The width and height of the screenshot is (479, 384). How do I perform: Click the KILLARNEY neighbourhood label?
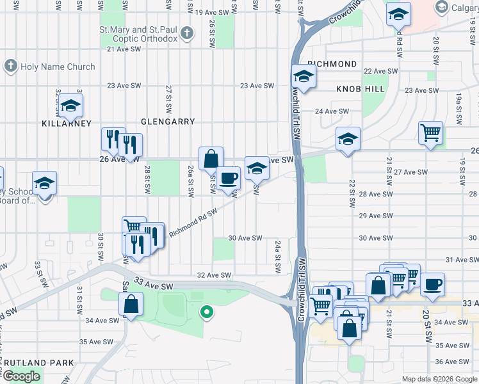click(67, 123)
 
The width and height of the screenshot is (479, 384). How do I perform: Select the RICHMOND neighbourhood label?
click(332, 65)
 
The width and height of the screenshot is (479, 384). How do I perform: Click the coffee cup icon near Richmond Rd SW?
click(227, 177)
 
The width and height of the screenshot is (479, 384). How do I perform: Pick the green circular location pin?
click(206, 312)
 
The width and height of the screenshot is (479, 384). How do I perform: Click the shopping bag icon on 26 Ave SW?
click(211, 158)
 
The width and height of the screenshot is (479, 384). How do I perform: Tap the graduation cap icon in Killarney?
click(71, 105)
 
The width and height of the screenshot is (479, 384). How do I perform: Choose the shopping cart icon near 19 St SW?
click(430, 133)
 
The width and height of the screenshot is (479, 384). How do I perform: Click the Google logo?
click(21, 376)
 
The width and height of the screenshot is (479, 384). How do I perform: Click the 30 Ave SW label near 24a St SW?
click(246, 238)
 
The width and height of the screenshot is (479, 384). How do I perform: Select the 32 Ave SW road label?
click(214, 275)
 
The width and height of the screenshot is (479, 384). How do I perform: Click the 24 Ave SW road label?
click(332, 111)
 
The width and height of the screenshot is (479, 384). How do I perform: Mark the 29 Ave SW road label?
click(375, 216)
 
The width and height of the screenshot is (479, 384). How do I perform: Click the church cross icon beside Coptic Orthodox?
click(186, 32)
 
